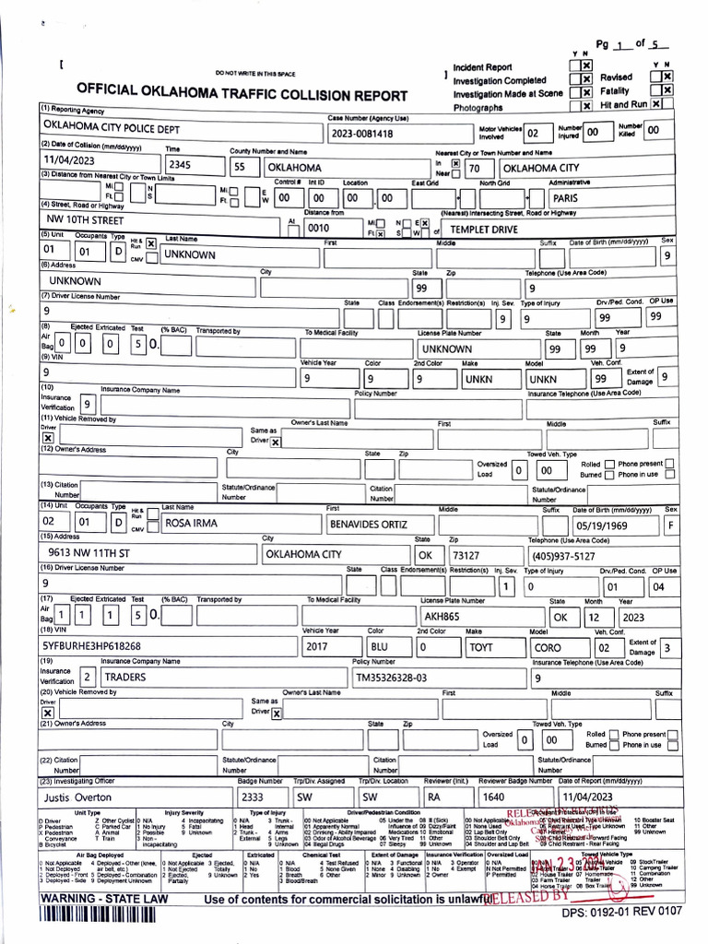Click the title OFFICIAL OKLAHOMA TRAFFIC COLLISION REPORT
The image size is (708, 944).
[242, 95]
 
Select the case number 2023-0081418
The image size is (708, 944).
[362, 134]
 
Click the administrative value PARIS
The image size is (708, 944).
[565, 197]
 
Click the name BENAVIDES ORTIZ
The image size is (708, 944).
[368, 525]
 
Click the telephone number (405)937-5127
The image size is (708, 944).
[562, 556]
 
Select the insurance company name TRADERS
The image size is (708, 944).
[124, 677]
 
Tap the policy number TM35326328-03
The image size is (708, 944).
[392, 678]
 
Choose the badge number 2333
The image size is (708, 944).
[252, 796]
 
